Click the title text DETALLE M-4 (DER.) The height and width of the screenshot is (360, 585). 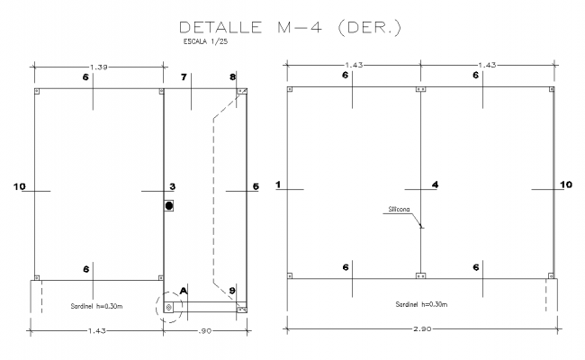pyautogui.click(x=290, y=28)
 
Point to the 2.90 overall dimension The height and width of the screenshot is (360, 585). pyautogui.click(x=420, y=331)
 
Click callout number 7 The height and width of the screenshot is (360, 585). pyautogui.click(x=184, y=78)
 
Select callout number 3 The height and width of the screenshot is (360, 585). pyautogui.click(x=172, y=186)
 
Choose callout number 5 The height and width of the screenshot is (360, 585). pyautogui.click(x=255, y=186)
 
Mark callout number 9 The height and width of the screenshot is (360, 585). pyautogui.click(x=232, y=291)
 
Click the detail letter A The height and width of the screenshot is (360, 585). pyautogui.click(x=184, y=291)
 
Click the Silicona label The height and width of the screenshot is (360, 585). pyautogui.click(x=399, y=209)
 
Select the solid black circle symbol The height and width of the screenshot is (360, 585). pyautogui.click(x=169, y=206)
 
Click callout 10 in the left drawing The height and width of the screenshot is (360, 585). pyautogui.click(x=20, y=186)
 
